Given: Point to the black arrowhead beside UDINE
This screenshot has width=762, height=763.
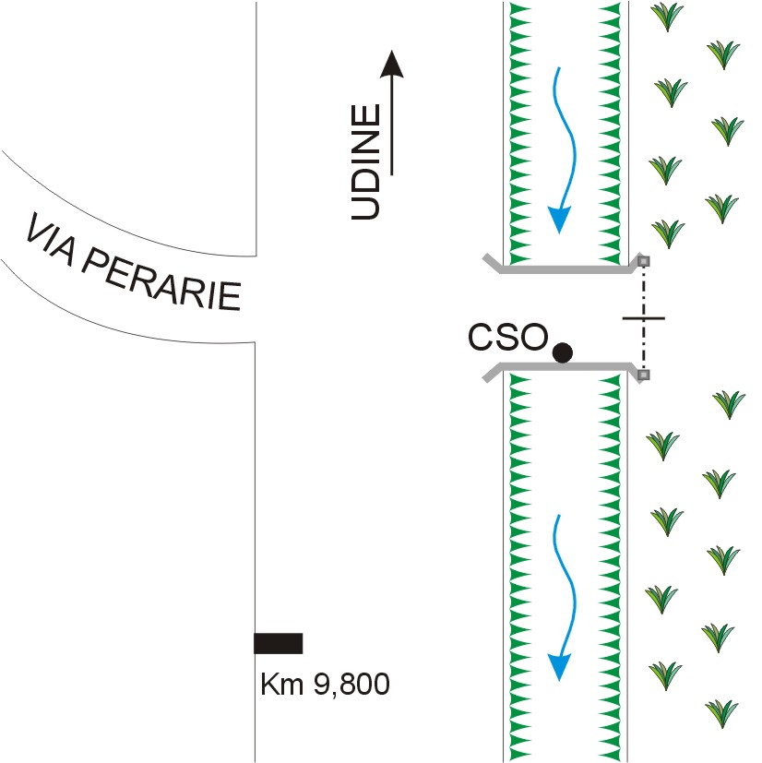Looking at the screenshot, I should tap(393, 64).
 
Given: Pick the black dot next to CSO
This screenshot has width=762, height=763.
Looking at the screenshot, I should tap(562, 352).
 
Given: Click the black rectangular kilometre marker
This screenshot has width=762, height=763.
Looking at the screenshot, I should tap(279, 643).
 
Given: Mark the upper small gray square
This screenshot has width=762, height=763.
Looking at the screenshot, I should tap(645, 261).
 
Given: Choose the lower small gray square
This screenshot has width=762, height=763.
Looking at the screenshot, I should tap(645, 375).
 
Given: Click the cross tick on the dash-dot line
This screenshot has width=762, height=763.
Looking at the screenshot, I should tap(644, 318).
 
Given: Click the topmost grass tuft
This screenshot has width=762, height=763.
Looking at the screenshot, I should tap(667, 15).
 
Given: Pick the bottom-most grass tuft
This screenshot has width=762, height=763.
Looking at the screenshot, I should tap(721, 712).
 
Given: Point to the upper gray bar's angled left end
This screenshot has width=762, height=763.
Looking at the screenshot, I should tap(495, 265).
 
